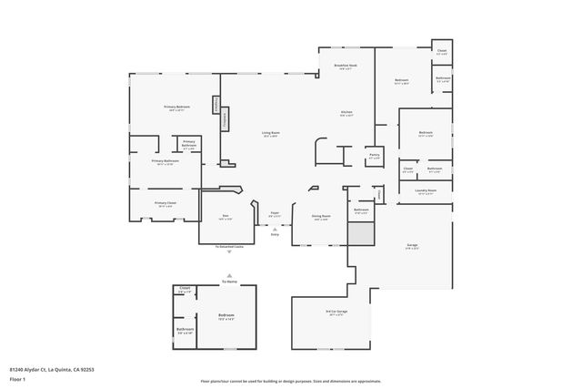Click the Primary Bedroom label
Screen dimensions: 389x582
pos(176,107)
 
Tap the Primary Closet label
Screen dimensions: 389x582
pos(165,203)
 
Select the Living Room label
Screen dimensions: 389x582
pos(270,133)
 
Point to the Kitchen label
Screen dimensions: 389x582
pos(346,113)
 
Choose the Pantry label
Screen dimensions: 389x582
pos(374,155)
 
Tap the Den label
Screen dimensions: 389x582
pos(225,216)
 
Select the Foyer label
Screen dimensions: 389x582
pos(274,213)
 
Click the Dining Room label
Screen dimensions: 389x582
pos(321,216)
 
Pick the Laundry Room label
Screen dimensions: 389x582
pos(426,190)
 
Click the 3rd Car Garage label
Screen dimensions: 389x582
pos(336,312)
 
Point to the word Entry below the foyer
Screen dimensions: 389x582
pos(275,234)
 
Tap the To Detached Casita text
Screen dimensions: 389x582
pos(228,246)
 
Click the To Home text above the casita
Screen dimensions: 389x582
pos(227,282)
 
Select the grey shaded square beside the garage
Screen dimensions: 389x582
pos(361,233)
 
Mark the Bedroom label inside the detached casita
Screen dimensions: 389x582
pos(226,315)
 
